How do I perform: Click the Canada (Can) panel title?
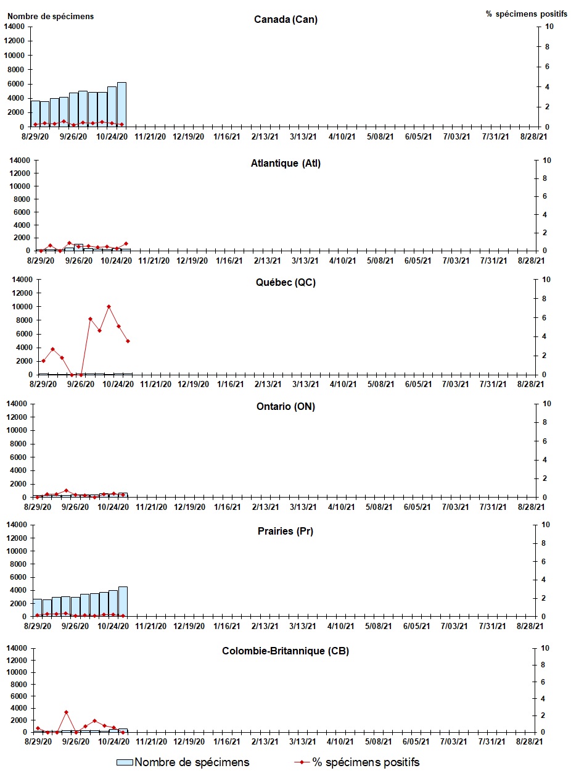[285, 20]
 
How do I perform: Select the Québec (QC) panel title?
[285, 283]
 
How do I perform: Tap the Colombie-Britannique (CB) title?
[285, 651]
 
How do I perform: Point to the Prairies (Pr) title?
[285, 531]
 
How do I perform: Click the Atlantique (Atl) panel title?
[285, 164]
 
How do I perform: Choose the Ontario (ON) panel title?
[285, 407]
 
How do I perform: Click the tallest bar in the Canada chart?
[121, 105]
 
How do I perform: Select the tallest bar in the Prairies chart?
[123, 602]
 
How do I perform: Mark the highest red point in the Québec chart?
[109, 306]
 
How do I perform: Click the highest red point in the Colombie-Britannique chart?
[66, 712]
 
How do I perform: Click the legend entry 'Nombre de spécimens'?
[192, 762]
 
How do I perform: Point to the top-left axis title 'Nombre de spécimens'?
[50, 16]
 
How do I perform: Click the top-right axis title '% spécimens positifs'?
[526, 14]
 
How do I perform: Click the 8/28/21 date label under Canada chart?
[530, 136]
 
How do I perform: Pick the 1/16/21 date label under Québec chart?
[228, 384]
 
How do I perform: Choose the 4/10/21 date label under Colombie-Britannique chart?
[340, 741]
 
